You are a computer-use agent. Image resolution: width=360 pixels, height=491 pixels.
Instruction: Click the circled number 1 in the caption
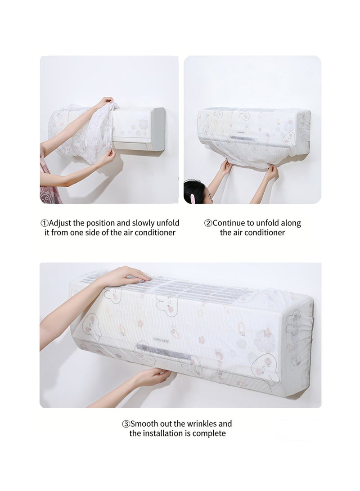click(45, 223)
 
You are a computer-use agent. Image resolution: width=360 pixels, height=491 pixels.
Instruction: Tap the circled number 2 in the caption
click(208, 223)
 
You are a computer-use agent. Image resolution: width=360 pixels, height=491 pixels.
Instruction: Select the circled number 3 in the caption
click(126, 424)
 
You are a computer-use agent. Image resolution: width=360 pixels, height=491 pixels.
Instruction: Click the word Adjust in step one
click(60, 223)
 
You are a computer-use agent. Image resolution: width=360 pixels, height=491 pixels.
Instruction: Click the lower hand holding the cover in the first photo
click(107, 157)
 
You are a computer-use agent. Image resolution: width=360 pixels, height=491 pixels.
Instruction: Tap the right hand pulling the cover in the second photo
click(271, 172)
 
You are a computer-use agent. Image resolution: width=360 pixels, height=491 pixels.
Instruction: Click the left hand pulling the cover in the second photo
click(225, 167)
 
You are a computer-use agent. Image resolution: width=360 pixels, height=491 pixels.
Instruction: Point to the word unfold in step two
click(268, 223)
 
